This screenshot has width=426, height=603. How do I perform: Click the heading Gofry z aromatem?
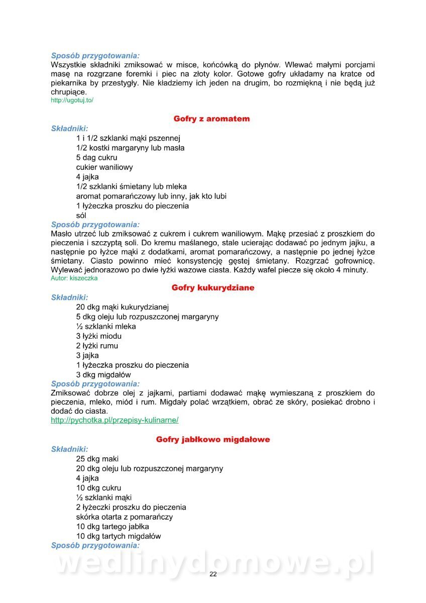(211, 119)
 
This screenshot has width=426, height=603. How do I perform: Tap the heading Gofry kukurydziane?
(212, 288)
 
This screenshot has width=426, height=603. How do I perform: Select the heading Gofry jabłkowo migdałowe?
(212, 440)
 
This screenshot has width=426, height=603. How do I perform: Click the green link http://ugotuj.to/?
(72, 100)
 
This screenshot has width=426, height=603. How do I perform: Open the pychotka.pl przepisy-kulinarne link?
(115, 420)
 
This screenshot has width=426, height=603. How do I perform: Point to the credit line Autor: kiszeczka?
(74, 278)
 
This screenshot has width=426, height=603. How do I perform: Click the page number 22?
(213, 574)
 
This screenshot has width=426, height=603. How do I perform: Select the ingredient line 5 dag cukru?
(96, 158)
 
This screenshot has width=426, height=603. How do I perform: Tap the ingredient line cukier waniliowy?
(104, 167)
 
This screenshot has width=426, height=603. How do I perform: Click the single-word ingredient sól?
(81, 216)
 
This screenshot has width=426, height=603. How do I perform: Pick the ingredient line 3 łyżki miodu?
(98, 336)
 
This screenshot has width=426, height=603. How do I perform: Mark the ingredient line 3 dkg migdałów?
(103, 375)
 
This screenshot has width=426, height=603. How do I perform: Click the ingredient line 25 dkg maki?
(97, 459)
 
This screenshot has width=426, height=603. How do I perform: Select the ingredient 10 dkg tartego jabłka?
(113, 527)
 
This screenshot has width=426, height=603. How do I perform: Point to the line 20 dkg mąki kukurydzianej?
(123, 307)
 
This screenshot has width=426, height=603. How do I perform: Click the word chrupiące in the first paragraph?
(69, 92)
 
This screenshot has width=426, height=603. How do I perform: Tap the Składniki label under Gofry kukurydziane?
(69, 297)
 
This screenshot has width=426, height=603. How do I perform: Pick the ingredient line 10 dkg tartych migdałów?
(119, 536)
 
